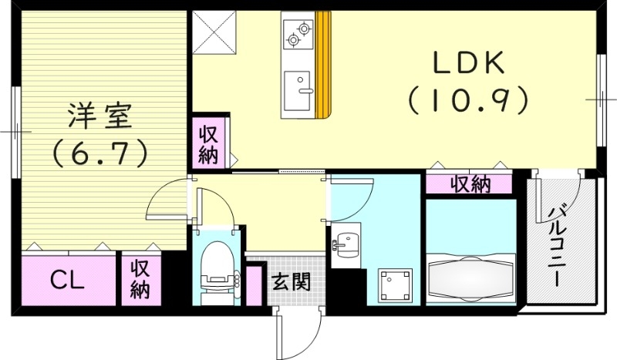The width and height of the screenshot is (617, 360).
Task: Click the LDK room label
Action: pos(468,62)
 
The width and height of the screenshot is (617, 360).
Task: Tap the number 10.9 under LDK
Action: pos(468,99)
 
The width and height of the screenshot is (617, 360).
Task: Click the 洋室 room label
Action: pos(100,118)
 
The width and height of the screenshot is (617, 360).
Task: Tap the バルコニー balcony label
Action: pos(558,244)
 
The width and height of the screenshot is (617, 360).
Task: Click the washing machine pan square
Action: pos(394,284)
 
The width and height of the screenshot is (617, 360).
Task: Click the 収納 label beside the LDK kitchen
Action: pos(211,143)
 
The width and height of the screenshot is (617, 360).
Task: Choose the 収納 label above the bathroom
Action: pos(470,184)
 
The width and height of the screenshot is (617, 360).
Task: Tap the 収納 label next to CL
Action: pos(140,280)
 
